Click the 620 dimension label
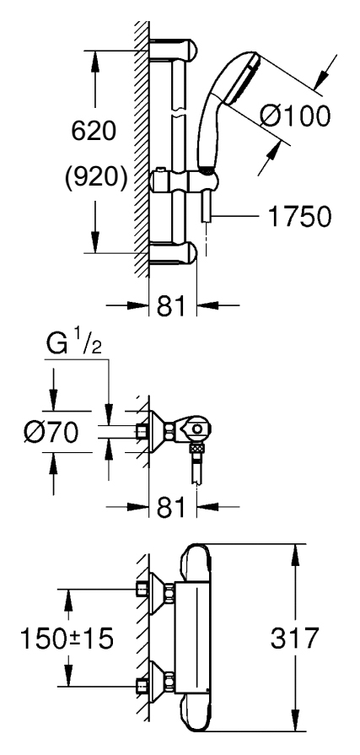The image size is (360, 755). pyautogui.click(x=94, y=131)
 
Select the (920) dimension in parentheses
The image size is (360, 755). pyautogui.click(x=96, y=178)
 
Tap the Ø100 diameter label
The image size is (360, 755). pyautogui.click(x=296, y=116)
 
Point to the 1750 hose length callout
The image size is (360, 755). pyautogui.click(x=299, y=217)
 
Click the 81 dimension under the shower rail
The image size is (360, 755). pyautogui.click(x=172, y=305)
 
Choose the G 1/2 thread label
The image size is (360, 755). pyautogui.click(x=74, y=344)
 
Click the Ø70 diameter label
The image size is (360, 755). pyautogui.click(x=51, y=432)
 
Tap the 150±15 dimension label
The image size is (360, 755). pyautogui.click(x=67, y=639)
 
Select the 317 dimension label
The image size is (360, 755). pyautogui.click(x=295, y=638)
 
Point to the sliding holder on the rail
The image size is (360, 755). pyautogui.click(x=185, y=181)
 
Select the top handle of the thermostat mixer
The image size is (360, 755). pyautogui.click(x=195, y=563)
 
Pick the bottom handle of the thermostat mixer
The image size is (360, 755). pyautogui.click(x=195, y=714)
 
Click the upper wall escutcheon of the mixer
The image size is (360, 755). pyautogui.click(x=159, y=593)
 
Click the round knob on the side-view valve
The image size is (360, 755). pyautogui.click(x=196, y=429)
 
